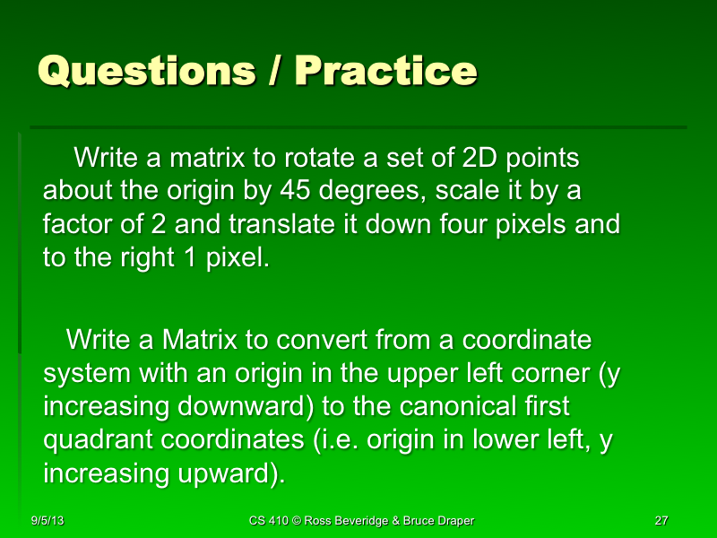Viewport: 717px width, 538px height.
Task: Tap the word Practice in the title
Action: click(x=386, y=71)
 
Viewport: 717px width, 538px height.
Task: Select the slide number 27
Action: click(x=662, y=521)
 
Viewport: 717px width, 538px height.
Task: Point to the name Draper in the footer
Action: click(x=452, y=521)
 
